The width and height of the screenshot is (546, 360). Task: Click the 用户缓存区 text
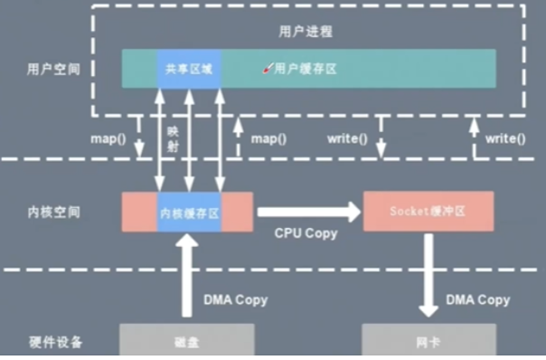305,69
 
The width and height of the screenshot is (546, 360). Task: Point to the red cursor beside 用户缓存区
267,67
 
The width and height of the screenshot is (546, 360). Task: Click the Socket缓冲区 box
428,211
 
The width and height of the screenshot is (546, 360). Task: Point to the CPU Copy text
306,233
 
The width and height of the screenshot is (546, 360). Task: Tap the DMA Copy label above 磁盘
235,299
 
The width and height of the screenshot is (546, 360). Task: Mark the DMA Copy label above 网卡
476,299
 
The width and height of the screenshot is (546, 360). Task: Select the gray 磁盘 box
187,342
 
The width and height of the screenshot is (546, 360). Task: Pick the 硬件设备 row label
53,342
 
